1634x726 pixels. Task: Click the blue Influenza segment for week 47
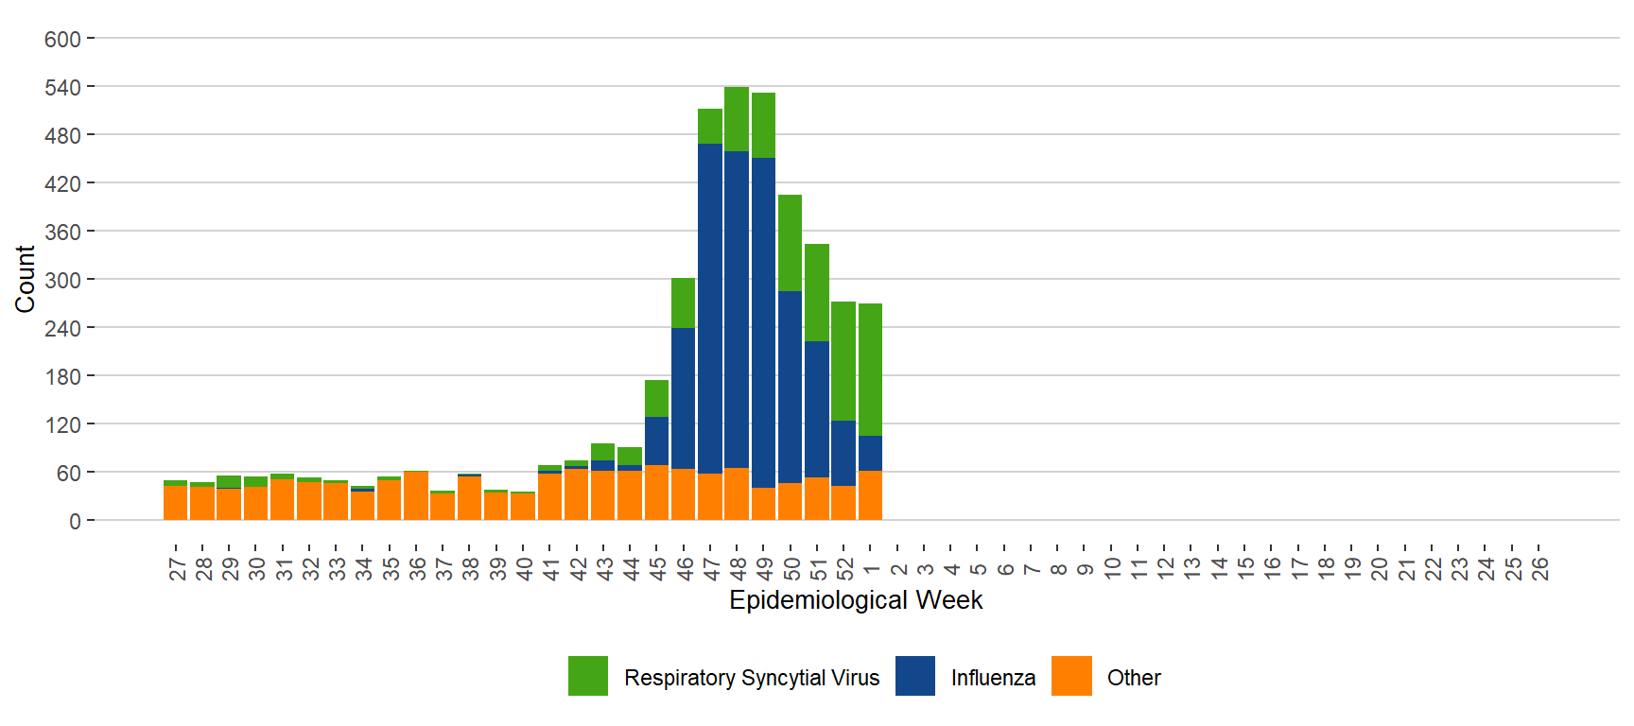point(710,308)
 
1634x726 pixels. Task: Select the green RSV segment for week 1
point(870,370)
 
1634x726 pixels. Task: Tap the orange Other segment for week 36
point(416,495)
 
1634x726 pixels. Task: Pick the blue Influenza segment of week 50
point(790,387)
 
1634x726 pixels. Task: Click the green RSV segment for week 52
point(843,361)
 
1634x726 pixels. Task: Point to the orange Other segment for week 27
point(175,503)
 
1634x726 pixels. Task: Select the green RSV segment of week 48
point(737,119)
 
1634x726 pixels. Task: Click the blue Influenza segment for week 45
point(656,441)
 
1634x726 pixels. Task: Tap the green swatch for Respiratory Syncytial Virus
point(588,676)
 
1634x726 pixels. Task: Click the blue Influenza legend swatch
point(914,676)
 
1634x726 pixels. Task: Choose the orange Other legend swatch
point(1071,676)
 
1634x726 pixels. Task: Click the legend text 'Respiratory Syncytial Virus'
point(752,678)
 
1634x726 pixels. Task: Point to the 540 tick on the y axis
point(62,88)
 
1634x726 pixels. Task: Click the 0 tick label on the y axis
point(75,522)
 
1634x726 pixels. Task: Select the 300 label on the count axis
point(62,281)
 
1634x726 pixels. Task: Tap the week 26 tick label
point(1540,568)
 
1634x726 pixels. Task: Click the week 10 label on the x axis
point(1113,568)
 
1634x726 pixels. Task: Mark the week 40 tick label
point(524,568)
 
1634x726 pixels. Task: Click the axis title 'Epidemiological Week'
point(856,600)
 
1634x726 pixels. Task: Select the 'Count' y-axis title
point(25,279)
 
